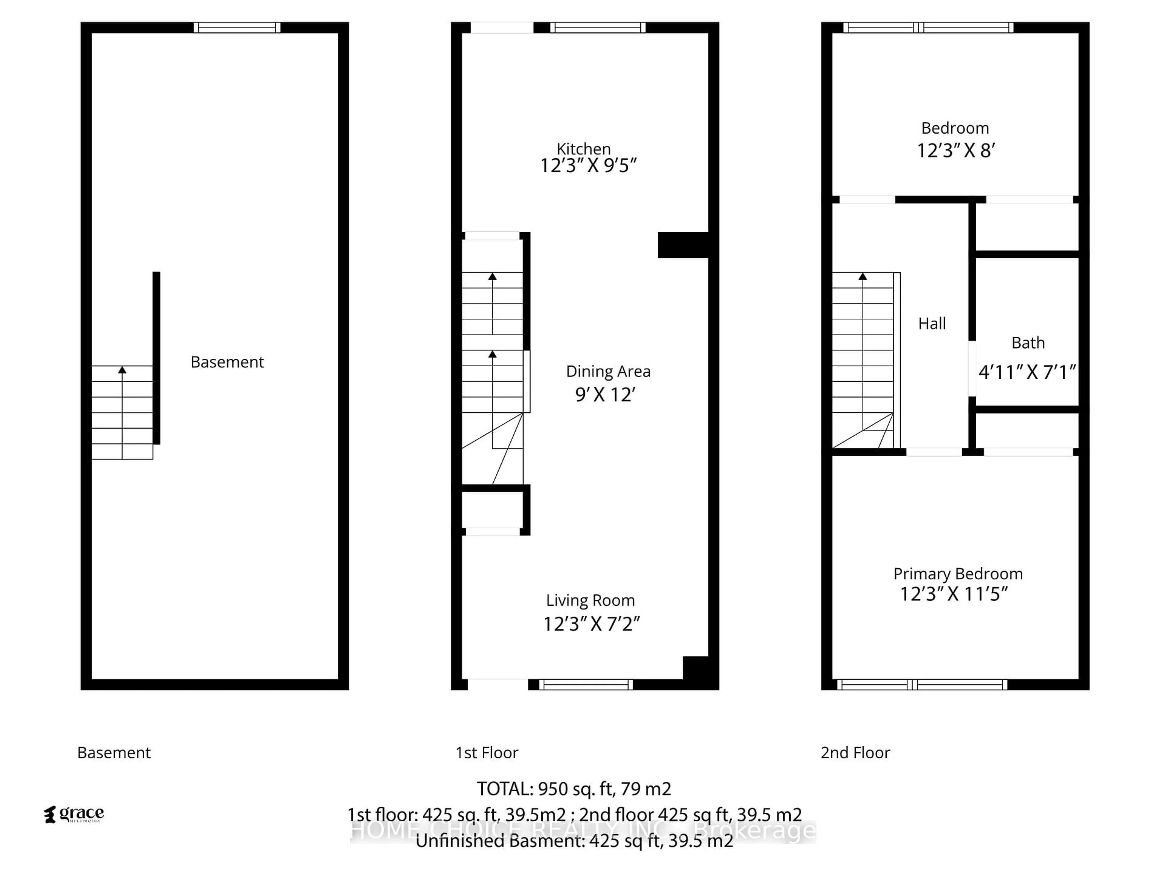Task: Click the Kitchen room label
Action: [584, 149]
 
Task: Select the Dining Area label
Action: [608, 371]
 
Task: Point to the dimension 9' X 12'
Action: [605, 395]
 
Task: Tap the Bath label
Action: [1027, 343]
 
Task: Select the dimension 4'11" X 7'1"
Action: [1026, 372]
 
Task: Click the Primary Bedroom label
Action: [957, 574]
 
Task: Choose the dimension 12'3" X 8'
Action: [956, 151]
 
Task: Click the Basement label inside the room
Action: [227, 362]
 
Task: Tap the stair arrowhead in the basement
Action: [122, 370]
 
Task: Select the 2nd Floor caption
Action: [855, 752]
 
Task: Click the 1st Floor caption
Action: [486, 752]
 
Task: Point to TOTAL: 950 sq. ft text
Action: [574, 789]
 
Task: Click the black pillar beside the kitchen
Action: [683, 245]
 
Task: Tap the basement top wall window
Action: [237, 27]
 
